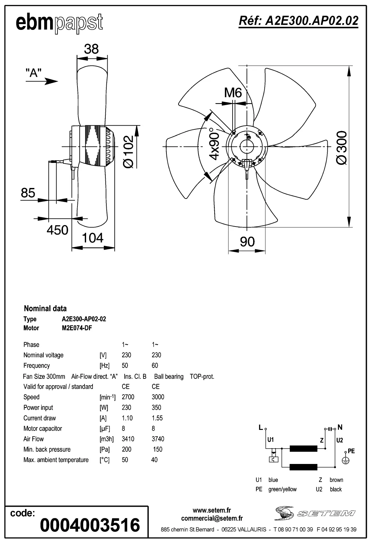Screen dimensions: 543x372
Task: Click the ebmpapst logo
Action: (59, 23)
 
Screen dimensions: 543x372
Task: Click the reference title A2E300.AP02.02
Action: (298, 21)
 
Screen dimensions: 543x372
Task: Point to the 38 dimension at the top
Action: (91, 49)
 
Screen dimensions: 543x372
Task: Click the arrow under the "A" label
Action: (42, 81)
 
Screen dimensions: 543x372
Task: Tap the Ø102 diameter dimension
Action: (128, 152)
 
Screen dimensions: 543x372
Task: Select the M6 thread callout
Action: (233, 93)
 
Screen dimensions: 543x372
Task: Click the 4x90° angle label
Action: (214, 144)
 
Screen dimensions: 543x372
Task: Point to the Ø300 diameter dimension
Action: (341, 147)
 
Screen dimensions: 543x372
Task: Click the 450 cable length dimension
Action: (58, 230)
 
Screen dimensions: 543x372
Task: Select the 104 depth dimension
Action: (93, 238)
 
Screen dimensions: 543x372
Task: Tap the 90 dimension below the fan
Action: (247, 242)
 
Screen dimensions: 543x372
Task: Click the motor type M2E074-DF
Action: (76, 328)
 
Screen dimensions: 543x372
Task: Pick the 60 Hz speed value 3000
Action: (158, 397)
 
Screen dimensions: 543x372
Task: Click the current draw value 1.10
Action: (127, 418)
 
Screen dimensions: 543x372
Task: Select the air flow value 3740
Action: (158, 439)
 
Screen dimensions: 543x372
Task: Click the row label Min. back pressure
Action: (47, 449)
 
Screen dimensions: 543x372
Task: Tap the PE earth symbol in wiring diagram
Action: (346, 460)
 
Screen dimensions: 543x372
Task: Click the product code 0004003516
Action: (90, 525)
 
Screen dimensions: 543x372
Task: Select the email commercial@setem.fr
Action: (212, 518)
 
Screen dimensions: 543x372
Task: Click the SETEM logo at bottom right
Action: (315, 513)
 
